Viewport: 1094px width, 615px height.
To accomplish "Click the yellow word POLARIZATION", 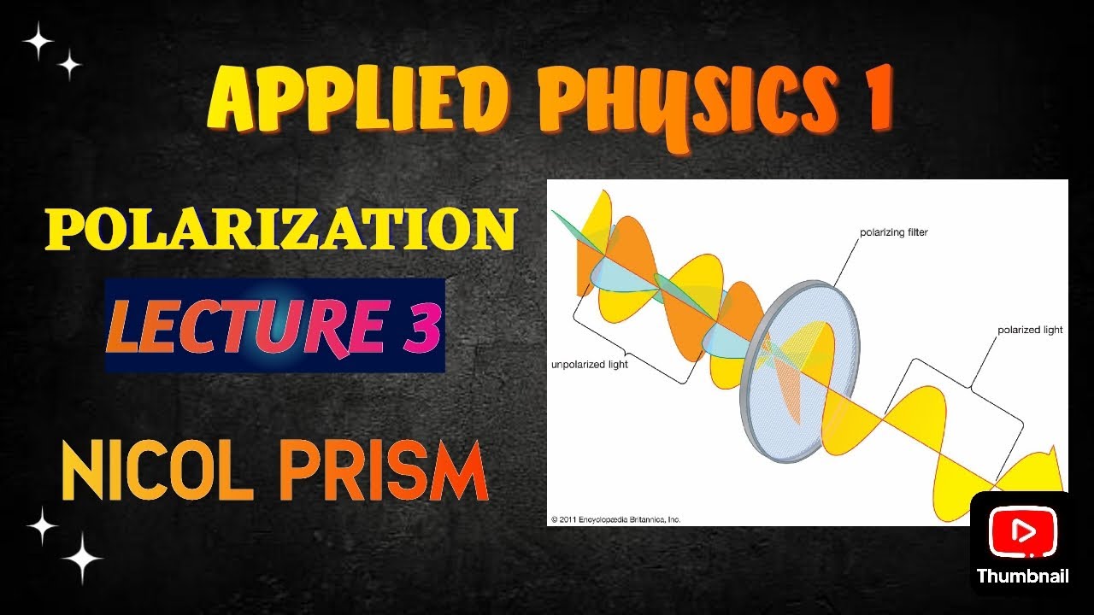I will [x=281, y=229].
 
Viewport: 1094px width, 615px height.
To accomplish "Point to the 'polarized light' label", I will [x=1030, y=330].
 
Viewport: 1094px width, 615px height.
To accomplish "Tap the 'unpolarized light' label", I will [x=589, y=365].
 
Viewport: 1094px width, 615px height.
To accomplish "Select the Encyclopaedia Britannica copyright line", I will [x=615, y=518].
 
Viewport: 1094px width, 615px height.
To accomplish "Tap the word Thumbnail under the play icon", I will [x=1022, y=576].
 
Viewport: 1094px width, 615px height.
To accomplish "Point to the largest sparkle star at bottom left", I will [x=82, y=559].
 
